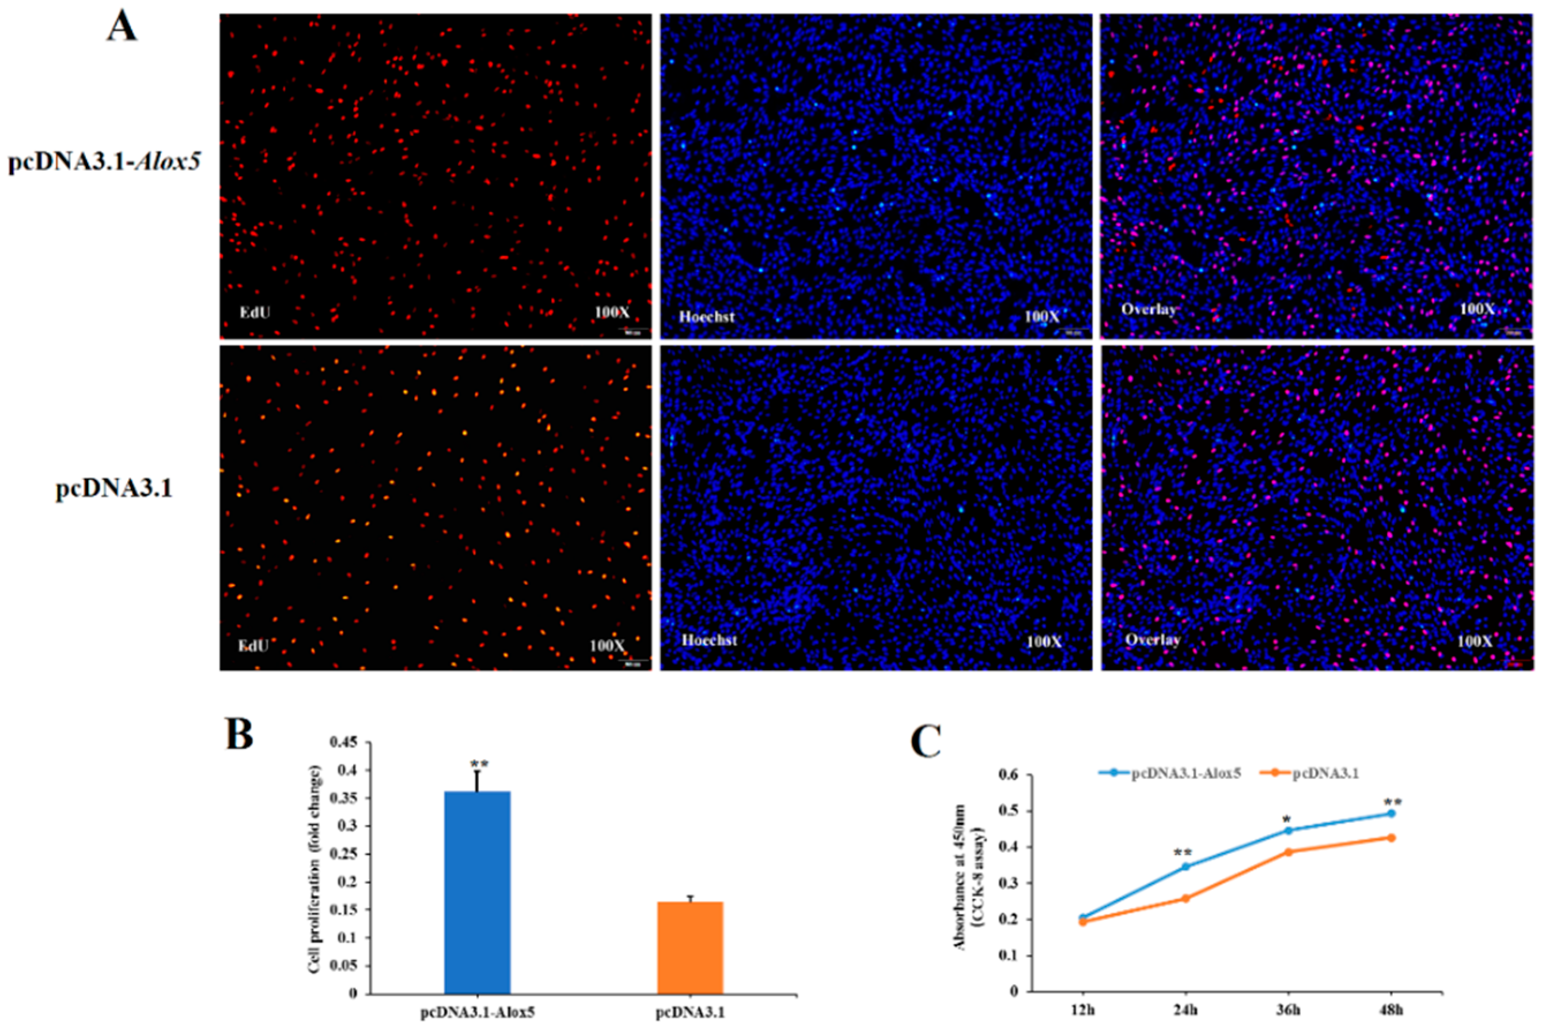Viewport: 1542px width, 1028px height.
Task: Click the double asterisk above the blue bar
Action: [x=479, y=765]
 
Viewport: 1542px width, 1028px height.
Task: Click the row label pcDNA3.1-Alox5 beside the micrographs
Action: [x=104, y=161]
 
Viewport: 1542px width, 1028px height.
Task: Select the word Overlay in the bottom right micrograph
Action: [x=1153, y=640]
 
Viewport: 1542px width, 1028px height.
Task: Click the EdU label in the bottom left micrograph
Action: [x=253, y=645]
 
